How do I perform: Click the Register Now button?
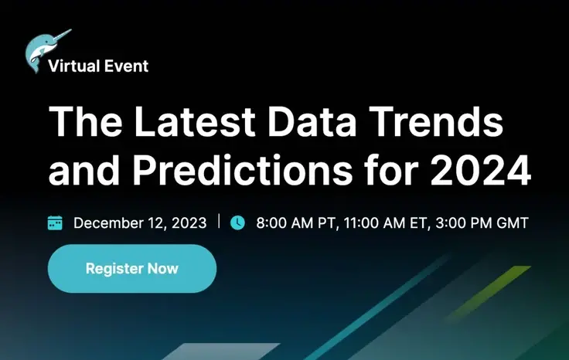coord(132,269)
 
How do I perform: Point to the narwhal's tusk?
coord(63,35)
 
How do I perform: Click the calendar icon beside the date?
coord(55,222)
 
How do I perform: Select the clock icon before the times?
coord(237,222)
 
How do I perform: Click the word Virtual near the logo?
coord(73,66)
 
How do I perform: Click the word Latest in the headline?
coord(195,121)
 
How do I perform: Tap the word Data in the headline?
coord(312,121)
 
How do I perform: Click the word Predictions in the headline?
coord(243,170)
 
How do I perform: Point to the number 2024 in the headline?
coord(481,170)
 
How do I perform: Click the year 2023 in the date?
coord(189,223)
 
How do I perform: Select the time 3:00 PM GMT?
coord(482,223)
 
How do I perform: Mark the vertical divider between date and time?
coord(219,221)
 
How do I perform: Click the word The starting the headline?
coord(85,121)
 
